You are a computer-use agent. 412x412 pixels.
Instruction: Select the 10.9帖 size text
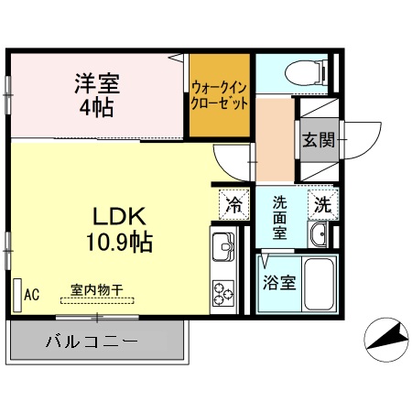coord(119,244)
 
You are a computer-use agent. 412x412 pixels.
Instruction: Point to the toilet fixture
coord(298,70)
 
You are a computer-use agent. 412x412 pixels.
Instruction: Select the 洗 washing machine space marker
coord(323,205)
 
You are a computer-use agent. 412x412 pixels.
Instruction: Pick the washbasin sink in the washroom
coord(320,237)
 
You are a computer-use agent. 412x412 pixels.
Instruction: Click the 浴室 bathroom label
coord(279,282)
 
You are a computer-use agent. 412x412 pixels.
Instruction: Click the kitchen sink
coord(222,249)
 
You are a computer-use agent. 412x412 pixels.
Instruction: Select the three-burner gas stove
coord(222,292)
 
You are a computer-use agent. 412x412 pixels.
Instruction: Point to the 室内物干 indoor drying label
coord(97,289)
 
